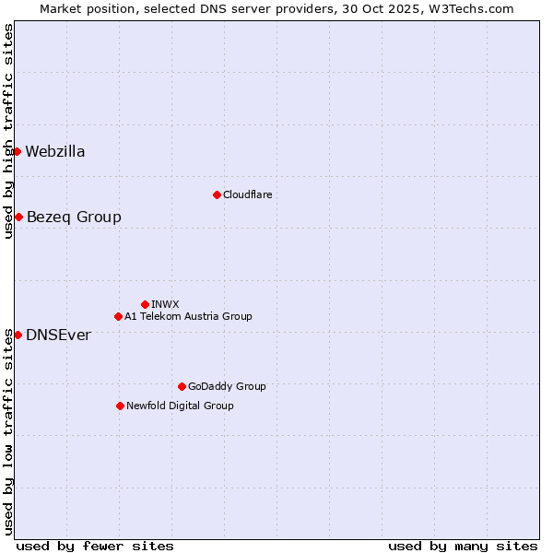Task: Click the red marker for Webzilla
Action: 17,151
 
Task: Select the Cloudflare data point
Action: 217,194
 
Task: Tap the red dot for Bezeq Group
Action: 18,217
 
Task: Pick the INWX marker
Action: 145,304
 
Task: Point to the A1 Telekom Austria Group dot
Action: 118,316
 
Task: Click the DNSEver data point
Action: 18,335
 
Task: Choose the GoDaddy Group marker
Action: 182,386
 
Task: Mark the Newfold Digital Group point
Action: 120,406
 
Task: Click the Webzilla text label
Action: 55,152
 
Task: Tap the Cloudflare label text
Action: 247,194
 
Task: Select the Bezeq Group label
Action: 74,218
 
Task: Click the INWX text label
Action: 165,304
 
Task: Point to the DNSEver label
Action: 58,335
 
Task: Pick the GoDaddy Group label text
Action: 227,386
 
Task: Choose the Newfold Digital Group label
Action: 180,406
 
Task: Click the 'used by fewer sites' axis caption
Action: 95,546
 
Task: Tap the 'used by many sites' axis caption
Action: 463,546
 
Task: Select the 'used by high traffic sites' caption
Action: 8,131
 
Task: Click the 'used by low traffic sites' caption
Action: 8,431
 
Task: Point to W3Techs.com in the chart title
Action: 474,8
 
